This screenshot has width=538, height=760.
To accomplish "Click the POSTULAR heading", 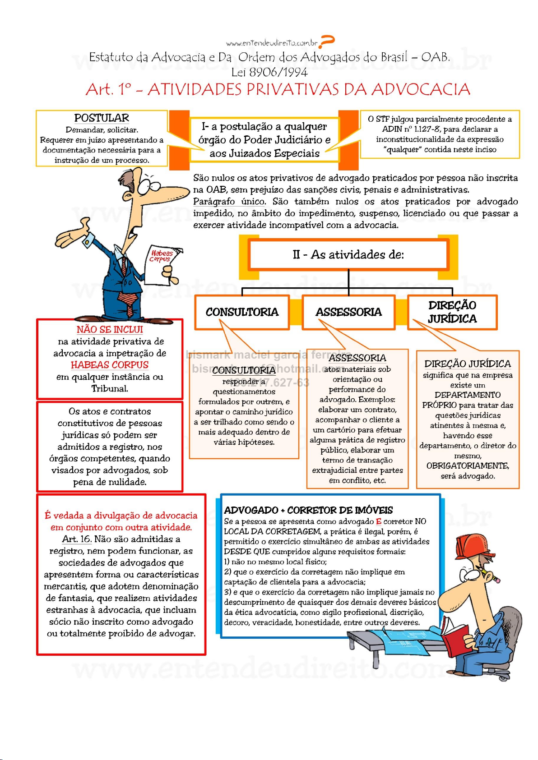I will [x=102, y=118].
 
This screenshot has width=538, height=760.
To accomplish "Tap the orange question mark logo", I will [x=327, y=41].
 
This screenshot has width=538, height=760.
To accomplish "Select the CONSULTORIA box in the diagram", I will [x=242, y=312].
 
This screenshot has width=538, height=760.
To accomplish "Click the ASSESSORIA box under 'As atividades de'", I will [x=348, y=312].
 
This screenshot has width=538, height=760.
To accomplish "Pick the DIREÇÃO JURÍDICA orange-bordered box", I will [x=452, y=312].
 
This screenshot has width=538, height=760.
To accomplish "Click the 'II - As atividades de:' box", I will [x=348, y=254].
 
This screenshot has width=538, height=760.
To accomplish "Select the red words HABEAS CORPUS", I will [x=109, y=365].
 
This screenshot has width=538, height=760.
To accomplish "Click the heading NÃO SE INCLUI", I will [x=110, y=330].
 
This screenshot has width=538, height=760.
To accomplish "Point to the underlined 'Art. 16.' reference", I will [x=77, y=539].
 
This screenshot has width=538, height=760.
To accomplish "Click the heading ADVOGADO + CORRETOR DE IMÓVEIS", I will [x=308, y=510].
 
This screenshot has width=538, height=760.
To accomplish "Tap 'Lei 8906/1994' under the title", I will [x=269, y=72].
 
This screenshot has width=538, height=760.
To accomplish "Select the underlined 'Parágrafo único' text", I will [x=229, y=202].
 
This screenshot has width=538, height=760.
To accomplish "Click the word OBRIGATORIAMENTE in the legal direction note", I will [x=468, y=465].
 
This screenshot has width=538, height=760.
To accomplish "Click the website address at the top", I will [x=272, y=43].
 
